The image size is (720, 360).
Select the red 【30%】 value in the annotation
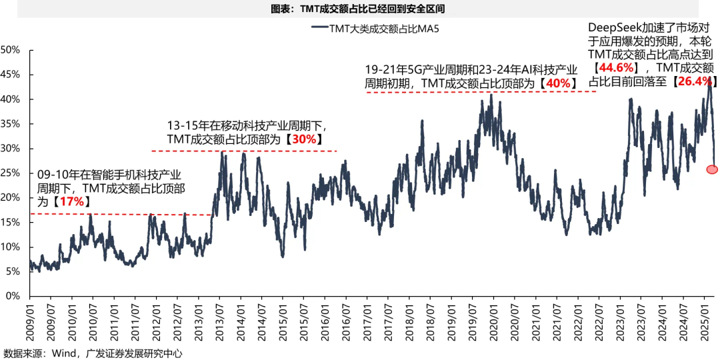(305, 139)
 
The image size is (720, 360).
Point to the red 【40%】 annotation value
(556, 83)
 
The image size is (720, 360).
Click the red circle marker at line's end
(711, 169)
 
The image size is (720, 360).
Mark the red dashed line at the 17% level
(120, 215)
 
